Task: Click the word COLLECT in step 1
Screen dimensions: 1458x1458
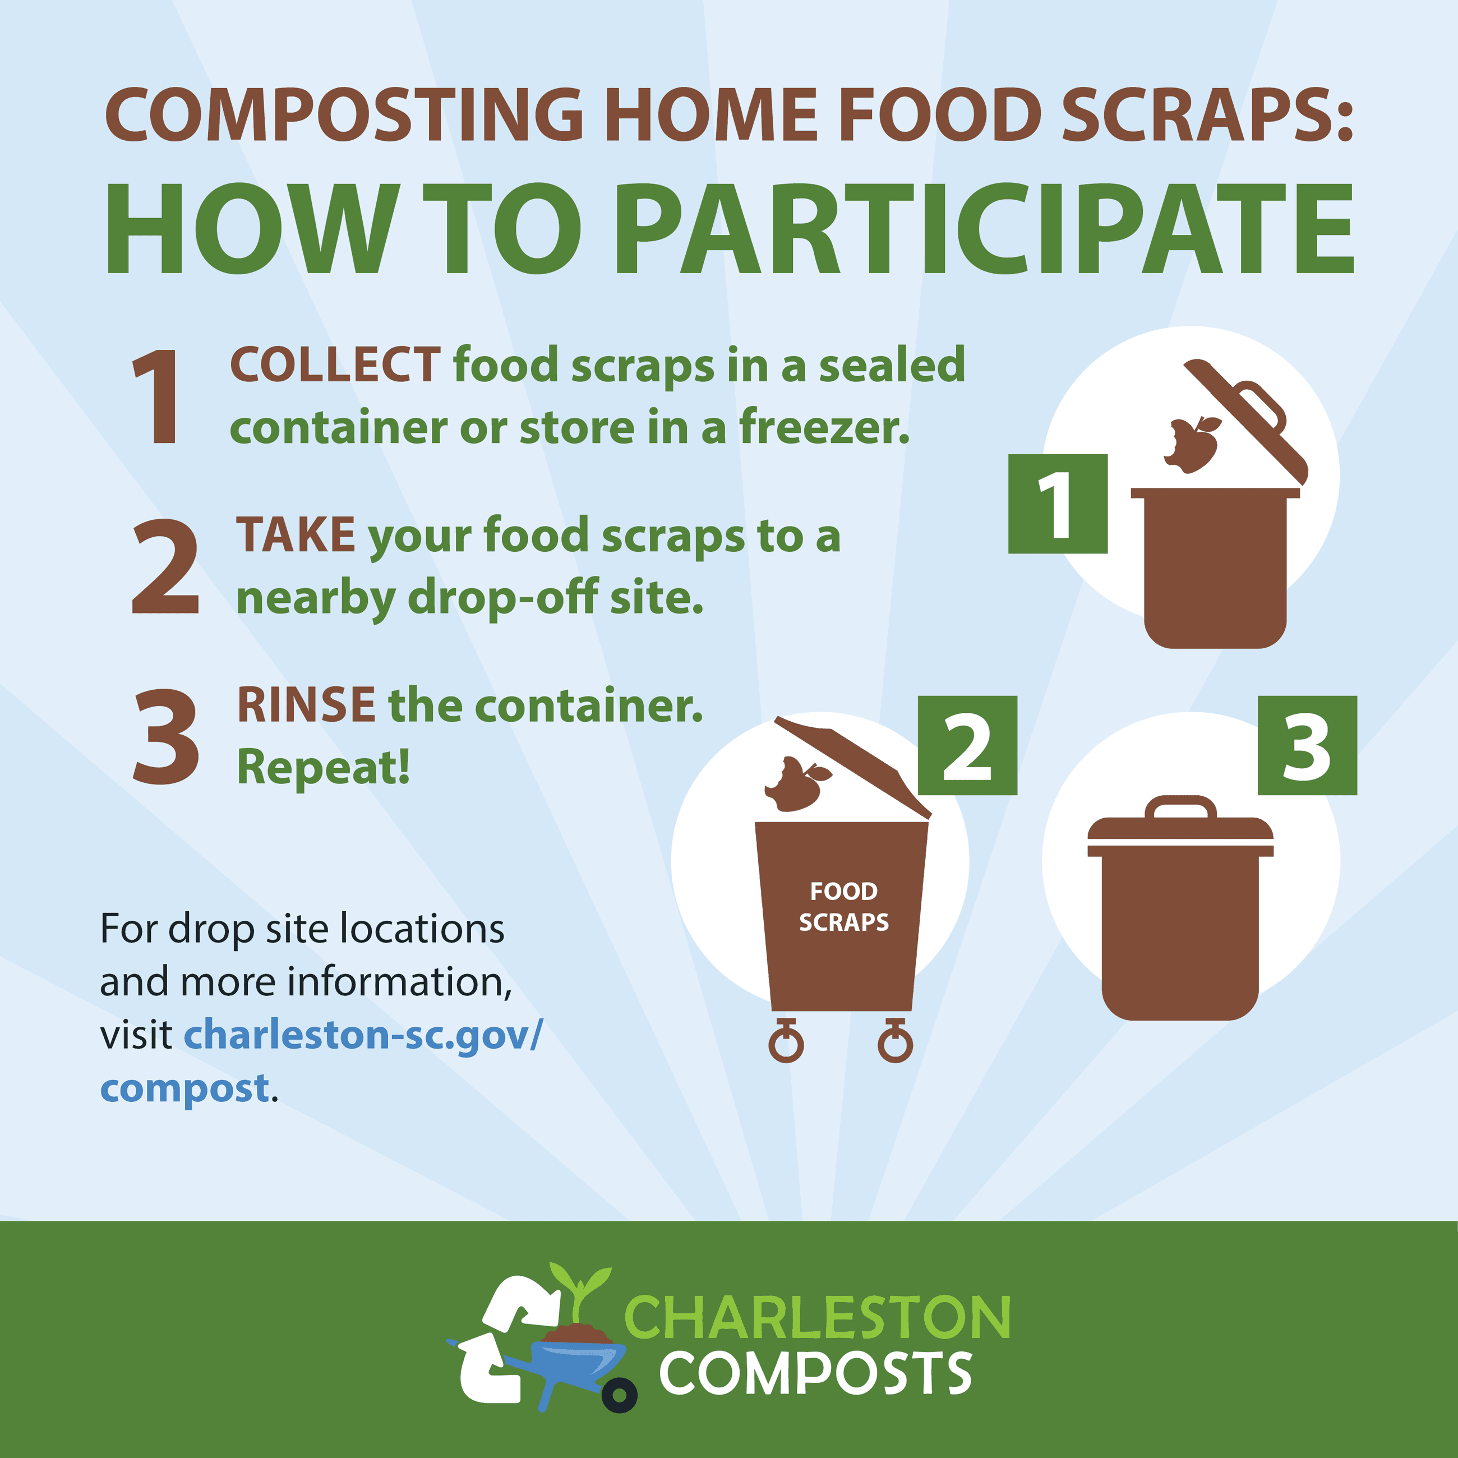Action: click(x=335, y=364)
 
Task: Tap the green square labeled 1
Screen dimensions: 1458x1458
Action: click(x=1058, y=504)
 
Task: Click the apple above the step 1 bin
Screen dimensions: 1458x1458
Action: click(x=1192, y=445)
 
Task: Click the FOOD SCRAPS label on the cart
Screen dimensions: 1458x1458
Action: click(x=844, y=906)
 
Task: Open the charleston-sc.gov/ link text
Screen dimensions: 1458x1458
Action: click(x=363, y=1035)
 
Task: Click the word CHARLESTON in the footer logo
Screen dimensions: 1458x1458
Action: click(x=817, y=1317)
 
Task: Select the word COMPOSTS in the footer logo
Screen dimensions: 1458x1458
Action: click(x=816, y=1373)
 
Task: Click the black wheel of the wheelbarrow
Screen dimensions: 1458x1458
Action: click(x=619, y=1395)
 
